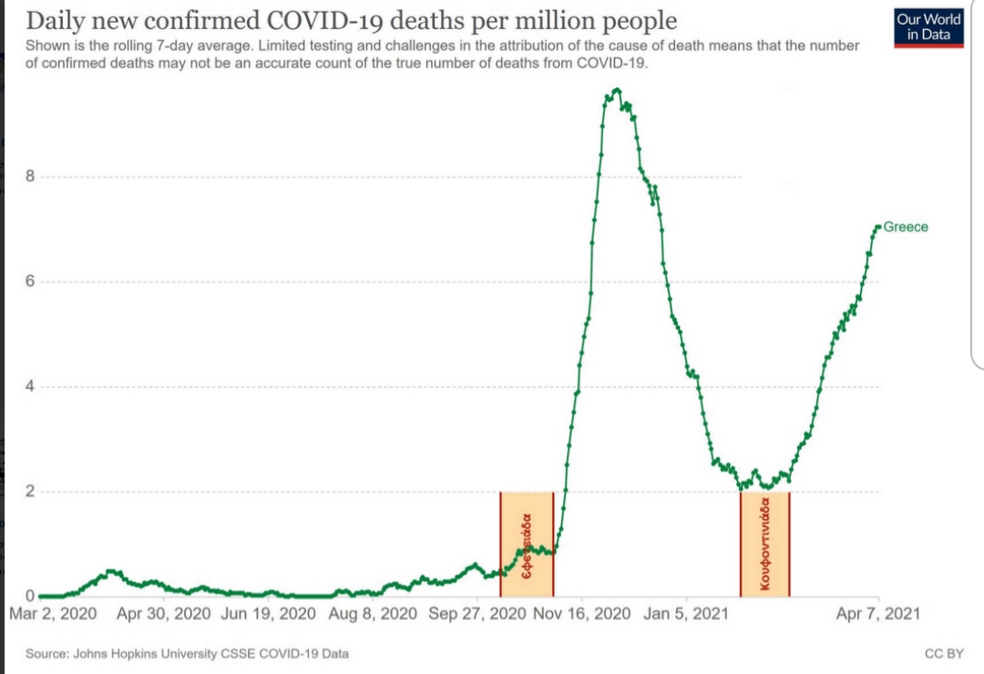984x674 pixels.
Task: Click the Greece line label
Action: (x=906, y=227)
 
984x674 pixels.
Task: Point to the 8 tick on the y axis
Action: (x=29, y=177)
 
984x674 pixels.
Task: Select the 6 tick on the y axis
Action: (x=29, y=281)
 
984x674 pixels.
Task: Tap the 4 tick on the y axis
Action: (x=29, y=386)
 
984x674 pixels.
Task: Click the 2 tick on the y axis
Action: (x=29, y=492)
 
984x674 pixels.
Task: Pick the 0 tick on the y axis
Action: (x=29, y=596)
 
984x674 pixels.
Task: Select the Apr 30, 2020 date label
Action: (x=165, y=614)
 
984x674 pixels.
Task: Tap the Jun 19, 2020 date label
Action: (x=269, y=614)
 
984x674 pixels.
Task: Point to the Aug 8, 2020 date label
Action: (x=372, y=614)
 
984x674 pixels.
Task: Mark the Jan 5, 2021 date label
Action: (x=685, y=614)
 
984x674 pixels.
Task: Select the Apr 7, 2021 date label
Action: (x=877, y=614)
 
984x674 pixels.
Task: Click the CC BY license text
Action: (x=944, y=654)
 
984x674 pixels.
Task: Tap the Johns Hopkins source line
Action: (x=187, y=654)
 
